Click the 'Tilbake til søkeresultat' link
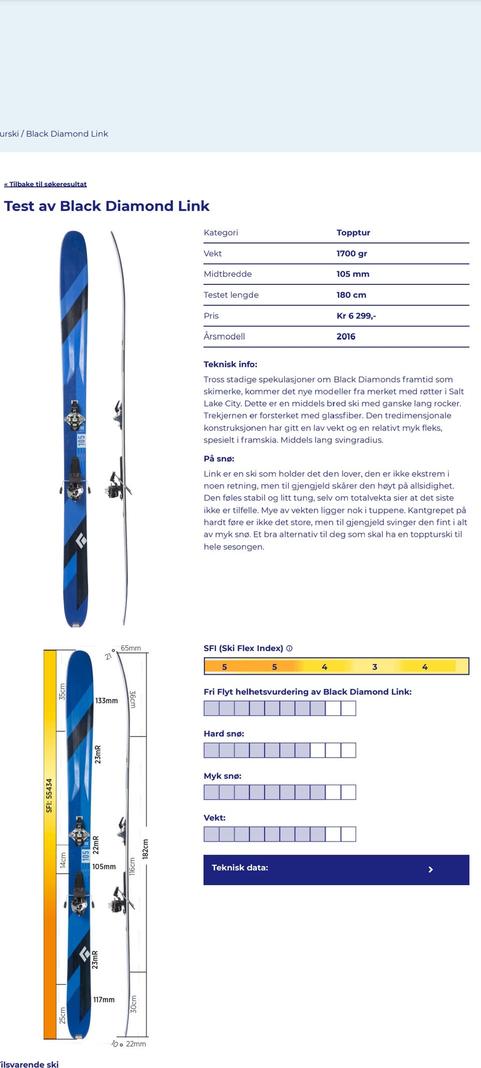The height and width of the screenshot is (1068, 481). pyautogui.click(x=46, y=184)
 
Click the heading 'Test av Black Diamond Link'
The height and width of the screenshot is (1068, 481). pyautogui.click(x=107, y=206)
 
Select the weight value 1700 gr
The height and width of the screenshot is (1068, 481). pyautogui.click(x=352, y=253)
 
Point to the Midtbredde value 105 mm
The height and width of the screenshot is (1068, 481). pyautogui.click(x=353, y=274)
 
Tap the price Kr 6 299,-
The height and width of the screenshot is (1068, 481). pyautogui.click(x=356, y=315)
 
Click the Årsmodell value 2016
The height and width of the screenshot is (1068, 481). pyautogui.click(x=346, y=336)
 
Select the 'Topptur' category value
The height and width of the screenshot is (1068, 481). pyautogui.click(x=353, y=232)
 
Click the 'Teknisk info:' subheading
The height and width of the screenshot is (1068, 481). pyautogui.click(x=230, y=364)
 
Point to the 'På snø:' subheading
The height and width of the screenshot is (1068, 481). pyautogui.click(x=219, y=458)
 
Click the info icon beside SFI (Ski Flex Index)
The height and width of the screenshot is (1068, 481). pyautogui.click(x=290, y=648)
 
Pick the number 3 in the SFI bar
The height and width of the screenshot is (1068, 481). pyautogui.click(x=374, y=666)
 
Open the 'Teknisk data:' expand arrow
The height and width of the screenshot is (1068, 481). pyautogui.click(x=430, y=870)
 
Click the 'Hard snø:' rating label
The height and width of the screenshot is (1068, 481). pyautogui.click(x=224, y=734)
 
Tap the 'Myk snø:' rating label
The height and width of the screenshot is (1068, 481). pyautogui.click(x=222, y=776)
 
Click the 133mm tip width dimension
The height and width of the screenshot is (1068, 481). pyautogui.click(x=107, y=700)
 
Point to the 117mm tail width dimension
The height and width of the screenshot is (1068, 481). pyautogui.click(x=104, y=999)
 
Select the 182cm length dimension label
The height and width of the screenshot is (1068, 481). pyautogui.click(x=146, y=849)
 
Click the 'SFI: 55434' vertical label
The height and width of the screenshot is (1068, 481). pyautogui.click(x=49, y=795)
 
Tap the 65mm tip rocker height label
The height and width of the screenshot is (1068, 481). pyautogui.click(x=131, y=648)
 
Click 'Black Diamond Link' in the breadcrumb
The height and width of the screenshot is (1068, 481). pyautogui.click(x=67, y=134)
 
